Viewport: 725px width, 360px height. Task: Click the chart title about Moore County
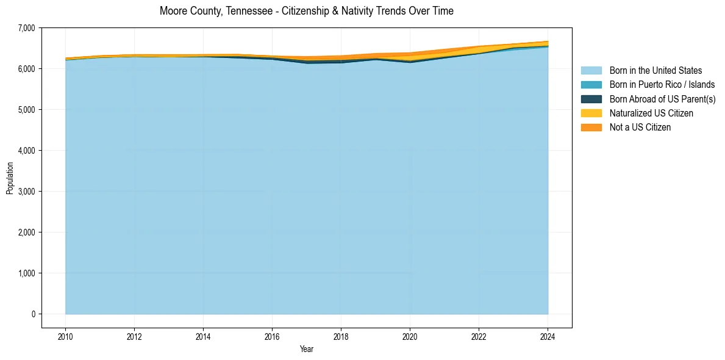(x=306, y=11)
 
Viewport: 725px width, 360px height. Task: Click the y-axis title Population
(x=10, y=178)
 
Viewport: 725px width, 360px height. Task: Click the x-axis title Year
(x=306, y=349)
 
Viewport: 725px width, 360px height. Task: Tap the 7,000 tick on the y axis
(x=27, y=28)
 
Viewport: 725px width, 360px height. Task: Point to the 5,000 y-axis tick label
(x=27, y=110)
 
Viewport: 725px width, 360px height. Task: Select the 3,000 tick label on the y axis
(x=27, y=192)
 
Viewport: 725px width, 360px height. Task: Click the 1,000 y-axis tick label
(x=27, y=273)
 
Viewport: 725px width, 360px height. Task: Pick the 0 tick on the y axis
(x=33, y=314)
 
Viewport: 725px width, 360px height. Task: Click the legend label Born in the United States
(x=655, y=71)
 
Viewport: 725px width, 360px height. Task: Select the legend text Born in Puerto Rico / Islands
(x=662, y=85)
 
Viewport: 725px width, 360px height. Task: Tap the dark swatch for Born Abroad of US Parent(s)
(x=591, y=99)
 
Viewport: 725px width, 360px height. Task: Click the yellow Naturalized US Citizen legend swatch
(x=591, y=113)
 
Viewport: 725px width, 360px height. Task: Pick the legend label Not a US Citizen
(x=640, y=128)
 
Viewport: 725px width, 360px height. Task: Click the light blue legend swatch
(x=591, y=71)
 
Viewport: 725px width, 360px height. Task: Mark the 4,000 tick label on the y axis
(x=27, y=151)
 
